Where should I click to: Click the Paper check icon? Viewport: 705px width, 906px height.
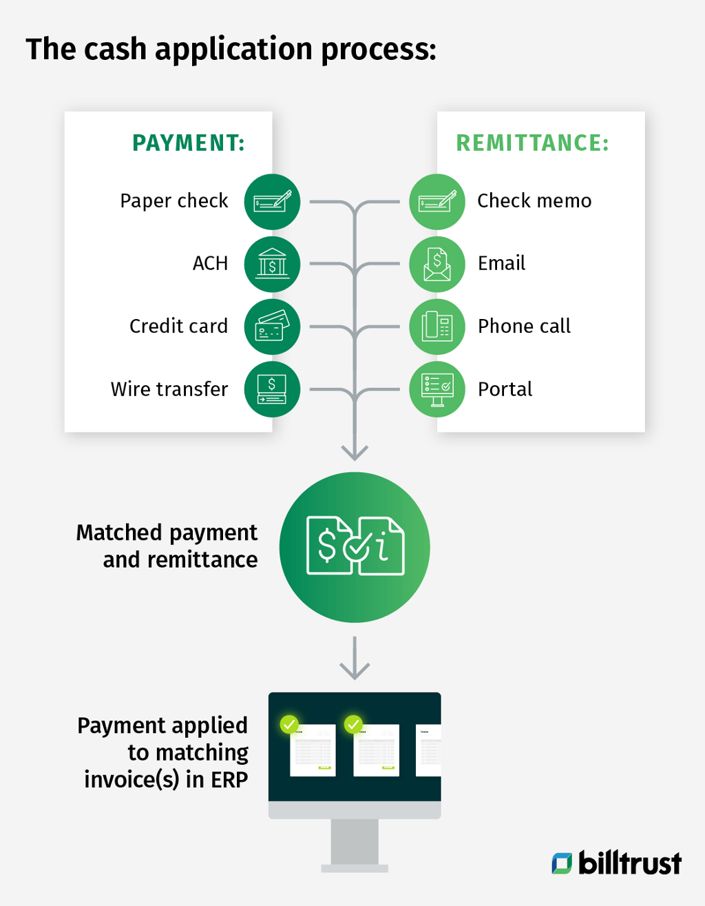pyautogui.click(x=272, y=202)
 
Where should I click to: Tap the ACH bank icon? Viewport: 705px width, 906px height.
pyautogui.click(x=272, y=265)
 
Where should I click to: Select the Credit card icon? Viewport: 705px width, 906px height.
pyautogui.click(x=272, y=327)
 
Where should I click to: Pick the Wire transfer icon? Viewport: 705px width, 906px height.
pyautogui.click(x=272, y=389)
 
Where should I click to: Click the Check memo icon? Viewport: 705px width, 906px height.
pyautogui.click(x=437, y=202)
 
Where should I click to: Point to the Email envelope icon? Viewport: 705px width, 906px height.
pyautogui.click(x=437, y=265)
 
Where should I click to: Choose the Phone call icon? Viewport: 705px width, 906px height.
pyautogui.click(x=437, y=327)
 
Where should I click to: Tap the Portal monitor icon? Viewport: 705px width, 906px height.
pyautogui.click(x=437, y=389)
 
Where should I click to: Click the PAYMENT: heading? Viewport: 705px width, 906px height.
pyautogui.click(x=189, y=143)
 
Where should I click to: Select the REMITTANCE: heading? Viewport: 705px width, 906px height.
pyautogui.click(x=533, y=143)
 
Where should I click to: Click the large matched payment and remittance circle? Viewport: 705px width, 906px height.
pyautogui.click(x=355, y=547)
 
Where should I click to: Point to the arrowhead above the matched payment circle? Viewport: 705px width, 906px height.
pyautogui.click(x=355, y=453)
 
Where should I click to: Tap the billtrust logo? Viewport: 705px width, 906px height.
pyautogui.click(x=617, y=863)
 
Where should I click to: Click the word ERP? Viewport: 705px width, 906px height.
pyautogui.click(x=229, y=779)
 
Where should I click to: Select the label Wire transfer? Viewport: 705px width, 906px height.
pyautogui.click(x=169, y=389)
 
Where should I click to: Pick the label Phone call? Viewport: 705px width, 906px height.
pyautogui.click(x=524, y=326)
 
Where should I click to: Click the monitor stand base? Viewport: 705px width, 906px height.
pyautogui.click(x=355, y=867)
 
